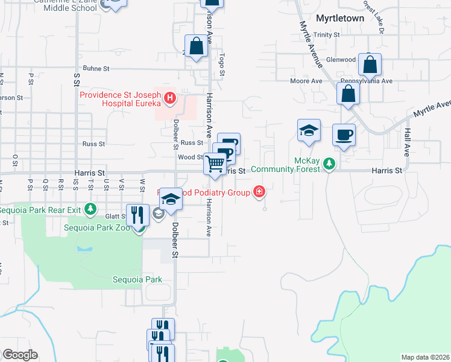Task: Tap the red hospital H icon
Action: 171,98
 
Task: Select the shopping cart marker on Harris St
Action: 215,164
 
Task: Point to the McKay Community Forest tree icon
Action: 329,164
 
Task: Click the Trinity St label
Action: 327,35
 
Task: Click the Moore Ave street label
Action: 306,81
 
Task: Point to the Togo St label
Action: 222,64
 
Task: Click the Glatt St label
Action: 114,217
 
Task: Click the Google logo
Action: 20,355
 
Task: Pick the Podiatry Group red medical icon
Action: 259,192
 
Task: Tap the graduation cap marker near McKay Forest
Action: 309,131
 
